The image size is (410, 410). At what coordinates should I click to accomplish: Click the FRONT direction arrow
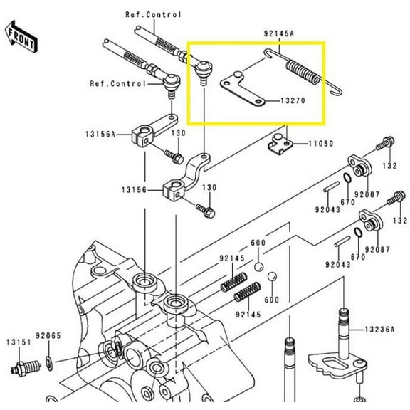(x=20, y=33)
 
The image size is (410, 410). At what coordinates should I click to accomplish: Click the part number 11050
(x=320, y=143)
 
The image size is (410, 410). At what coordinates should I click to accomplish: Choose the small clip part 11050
(x=280, y=144)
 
